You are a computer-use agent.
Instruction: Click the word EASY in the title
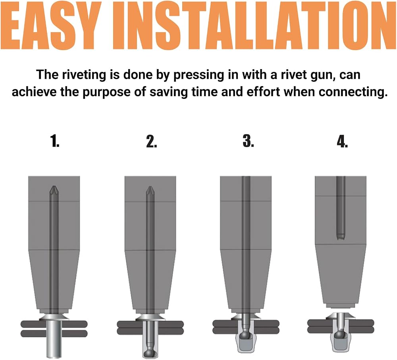point(50,25)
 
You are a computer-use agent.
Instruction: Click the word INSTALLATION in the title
point(254,25)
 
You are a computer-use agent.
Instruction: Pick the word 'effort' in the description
point(263,91)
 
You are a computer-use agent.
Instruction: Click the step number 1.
point(55,141)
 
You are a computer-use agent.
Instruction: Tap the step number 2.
point(151,141)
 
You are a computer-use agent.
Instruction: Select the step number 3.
point(248,141)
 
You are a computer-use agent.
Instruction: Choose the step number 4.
point(342,141)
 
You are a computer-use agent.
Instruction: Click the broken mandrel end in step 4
point(341,237)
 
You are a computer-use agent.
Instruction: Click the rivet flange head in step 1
point(54,317)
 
